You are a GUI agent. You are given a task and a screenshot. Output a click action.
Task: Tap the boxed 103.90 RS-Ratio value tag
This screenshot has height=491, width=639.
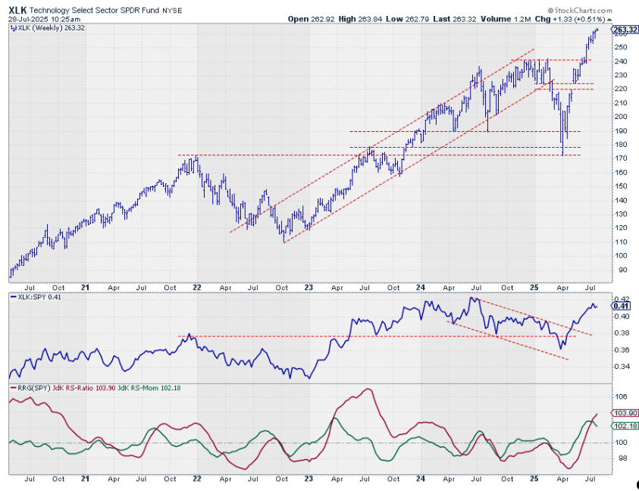click(622, 414)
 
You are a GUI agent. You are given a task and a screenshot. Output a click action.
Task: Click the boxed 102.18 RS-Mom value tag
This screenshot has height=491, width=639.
click(622, 426)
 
